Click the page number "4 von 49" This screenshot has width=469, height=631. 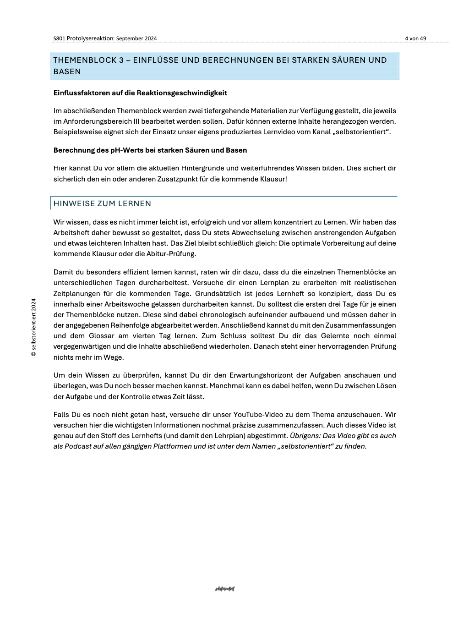[415, 38]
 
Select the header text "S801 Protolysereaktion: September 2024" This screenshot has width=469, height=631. [105, 38]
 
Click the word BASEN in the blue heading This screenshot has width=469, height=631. [67, 71]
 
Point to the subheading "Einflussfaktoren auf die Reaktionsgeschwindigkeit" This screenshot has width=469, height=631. [140, 93]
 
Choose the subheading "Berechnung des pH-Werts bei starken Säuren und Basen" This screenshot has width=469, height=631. [150, 150]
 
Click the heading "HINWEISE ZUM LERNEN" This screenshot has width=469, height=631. [102, 203]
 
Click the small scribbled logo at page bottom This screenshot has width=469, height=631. [224, 589]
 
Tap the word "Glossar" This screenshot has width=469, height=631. [101, 336]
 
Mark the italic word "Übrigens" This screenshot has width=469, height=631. [305, 436]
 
